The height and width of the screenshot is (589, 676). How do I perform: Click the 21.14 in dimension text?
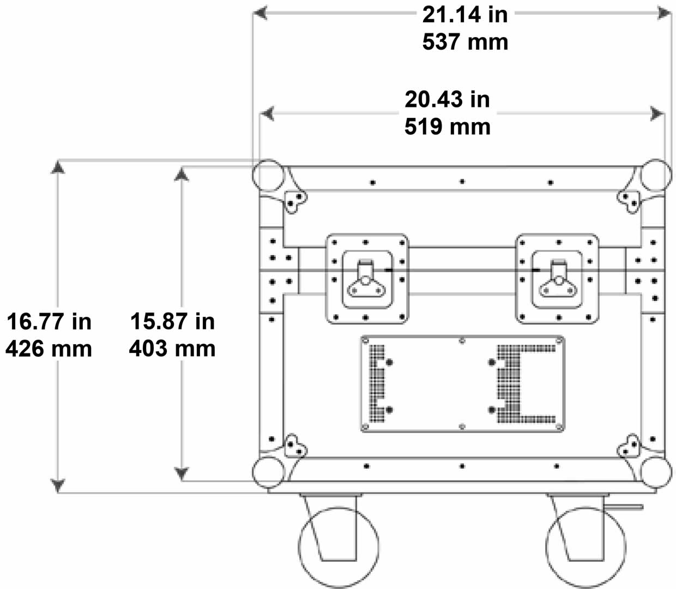pos(465,15)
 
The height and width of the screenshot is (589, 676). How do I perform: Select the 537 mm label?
pos(465,43)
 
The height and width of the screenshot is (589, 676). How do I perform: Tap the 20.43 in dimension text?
pos(448,99)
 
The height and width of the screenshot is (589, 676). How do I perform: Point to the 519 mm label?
pos(448,127)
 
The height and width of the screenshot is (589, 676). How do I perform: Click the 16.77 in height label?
pos(49,322)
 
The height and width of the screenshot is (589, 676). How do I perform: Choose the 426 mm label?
pos(49,349)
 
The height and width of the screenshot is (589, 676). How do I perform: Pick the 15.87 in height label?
pos(172,321)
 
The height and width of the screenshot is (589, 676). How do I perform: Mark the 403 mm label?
pos(172,348)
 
